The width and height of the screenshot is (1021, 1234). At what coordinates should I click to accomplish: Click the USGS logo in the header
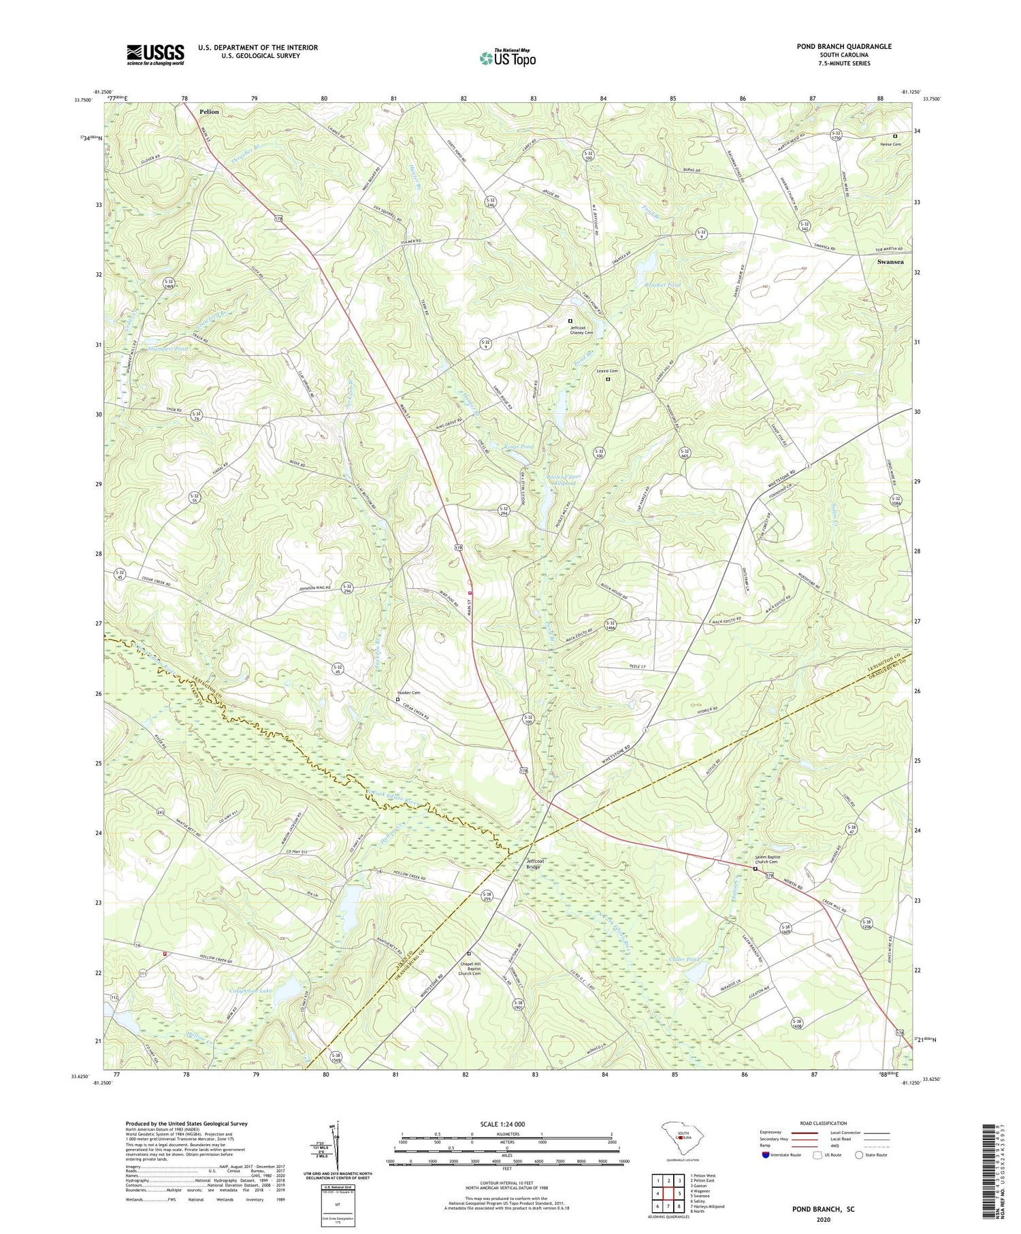[155, 54]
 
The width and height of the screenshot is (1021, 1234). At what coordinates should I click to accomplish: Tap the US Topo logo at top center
[507, 58]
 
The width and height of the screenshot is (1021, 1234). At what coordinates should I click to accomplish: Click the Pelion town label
[210, 111]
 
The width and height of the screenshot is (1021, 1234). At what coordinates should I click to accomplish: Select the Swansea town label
[891, 261]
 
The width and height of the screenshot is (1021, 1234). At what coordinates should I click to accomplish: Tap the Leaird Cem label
[608, 371]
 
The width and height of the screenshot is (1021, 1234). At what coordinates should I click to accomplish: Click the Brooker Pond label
[662, 285]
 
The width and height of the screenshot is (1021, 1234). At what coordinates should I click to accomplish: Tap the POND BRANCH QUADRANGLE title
[843, 46]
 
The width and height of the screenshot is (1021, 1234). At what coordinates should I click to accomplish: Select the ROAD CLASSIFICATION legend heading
[824, 1123]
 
